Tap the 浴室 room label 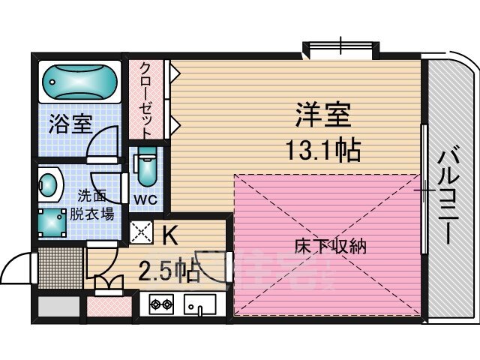(66, 124)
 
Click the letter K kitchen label (170, 235)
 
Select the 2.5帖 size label (169, 270)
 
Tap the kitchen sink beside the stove (199, 305)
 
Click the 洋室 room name (323, 118)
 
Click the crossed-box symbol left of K (142, 233)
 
